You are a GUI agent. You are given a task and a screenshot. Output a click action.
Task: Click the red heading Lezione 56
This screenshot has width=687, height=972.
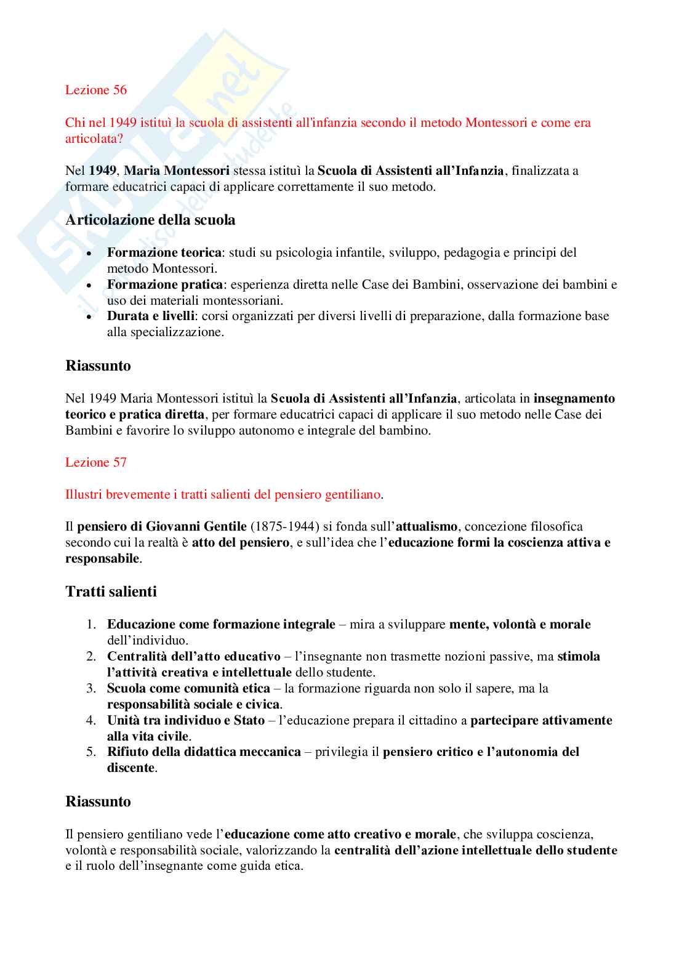pyautogui.click(x=95, y=90)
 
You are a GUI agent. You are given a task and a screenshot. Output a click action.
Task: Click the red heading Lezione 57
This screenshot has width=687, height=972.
pyautogui.click(x=95, y=462)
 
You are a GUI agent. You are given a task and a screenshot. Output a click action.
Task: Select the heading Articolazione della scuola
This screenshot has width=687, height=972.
pyautogui.click(x=150, y=220)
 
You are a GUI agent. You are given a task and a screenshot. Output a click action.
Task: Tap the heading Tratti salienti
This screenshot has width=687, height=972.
pyautogui.click(x=111, y=592)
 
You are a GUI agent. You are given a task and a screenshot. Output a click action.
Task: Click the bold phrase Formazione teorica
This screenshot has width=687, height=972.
pyautogui.click(x=164, y=252)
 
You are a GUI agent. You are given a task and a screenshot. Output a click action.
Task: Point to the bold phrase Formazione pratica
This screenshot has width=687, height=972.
pyautogui.click(x=164, y=284)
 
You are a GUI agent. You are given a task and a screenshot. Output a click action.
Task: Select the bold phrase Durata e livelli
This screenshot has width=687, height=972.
pyautogui.click(x=151, y=316)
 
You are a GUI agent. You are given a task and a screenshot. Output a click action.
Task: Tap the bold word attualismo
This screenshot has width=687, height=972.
pyautogui.click(x=426, y=526)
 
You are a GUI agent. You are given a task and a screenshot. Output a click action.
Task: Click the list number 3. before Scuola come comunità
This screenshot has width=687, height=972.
pyautogui.click(x=91, y=688)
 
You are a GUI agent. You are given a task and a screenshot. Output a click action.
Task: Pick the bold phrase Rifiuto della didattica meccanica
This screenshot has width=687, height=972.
pyautogui.click(x=204, y=752)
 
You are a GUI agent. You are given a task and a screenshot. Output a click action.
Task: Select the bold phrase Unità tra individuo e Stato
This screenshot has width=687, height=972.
pyautogui.click(x=185, y=720)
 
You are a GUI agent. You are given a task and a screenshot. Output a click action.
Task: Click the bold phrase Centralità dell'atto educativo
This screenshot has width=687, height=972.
pyautogui.click(x=193, y=656)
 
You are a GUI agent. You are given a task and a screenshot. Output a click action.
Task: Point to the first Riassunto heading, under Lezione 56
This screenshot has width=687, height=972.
pyautogui.click(x=98, y=366)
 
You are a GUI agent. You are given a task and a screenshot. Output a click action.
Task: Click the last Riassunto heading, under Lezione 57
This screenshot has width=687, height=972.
pyautogui.click(x=98, y=801)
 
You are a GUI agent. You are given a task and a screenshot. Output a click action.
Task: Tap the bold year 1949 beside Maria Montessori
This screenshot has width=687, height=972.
pyautogui.click(x=102, y=171)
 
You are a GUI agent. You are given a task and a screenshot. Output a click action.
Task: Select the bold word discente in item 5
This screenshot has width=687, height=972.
pyautogui.click(x=131, y=768)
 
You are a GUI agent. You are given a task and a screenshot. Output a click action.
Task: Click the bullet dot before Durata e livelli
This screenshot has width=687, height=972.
pyautogui.click(x=89, y=317)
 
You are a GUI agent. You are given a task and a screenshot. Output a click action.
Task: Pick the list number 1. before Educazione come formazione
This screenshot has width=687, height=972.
pyautogui.click(x=91, y=624)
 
